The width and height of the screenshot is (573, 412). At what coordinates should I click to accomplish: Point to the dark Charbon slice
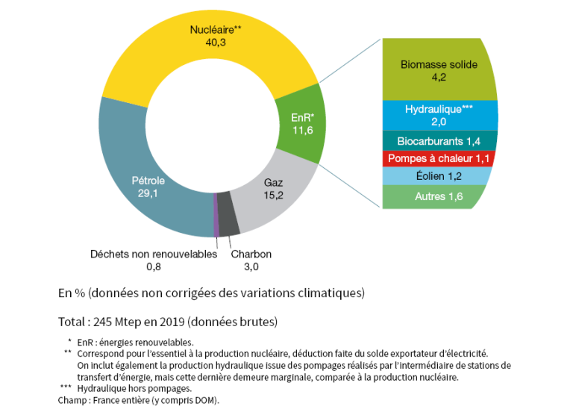point(229,222)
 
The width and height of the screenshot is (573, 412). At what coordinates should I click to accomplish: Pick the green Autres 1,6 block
point(436,196)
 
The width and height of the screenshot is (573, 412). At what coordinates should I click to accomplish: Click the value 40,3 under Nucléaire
point(216,43)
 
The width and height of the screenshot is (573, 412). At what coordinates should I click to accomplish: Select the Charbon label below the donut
point(251,254)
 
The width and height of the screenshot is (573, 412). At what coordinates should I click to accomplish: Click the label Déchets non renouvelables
point(153,254)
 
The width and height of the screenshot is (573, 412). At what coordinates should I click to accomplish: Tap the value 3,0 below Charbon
point(251,266)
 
